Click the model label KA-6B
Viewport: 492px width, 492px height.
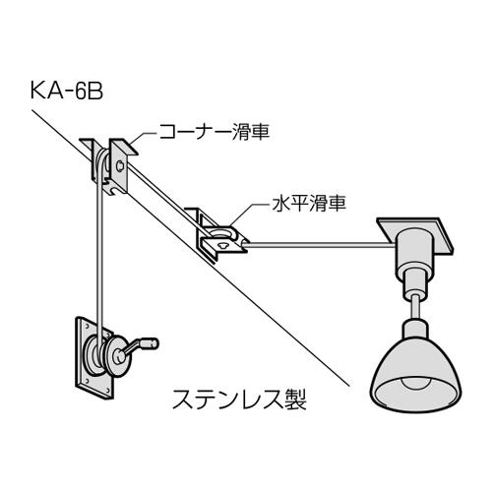[x=67, y=91]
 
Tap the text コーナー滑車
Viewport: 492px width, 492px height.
[x=215, y=132]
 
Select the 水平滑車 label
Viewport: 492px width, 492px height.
[x=309, y=204]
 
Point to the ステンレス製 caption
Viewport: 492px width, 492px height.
[x=240, y=399]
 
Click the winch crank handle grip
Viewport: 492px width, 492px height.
[x=152, y=343]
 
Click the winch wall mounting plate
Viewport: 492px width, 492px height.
[x=94, y=357]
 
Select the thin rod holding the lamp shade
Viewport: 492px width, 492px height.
[x=415, y=307]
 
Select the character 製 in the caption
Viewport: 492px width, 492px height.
[x=296, y=399]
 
